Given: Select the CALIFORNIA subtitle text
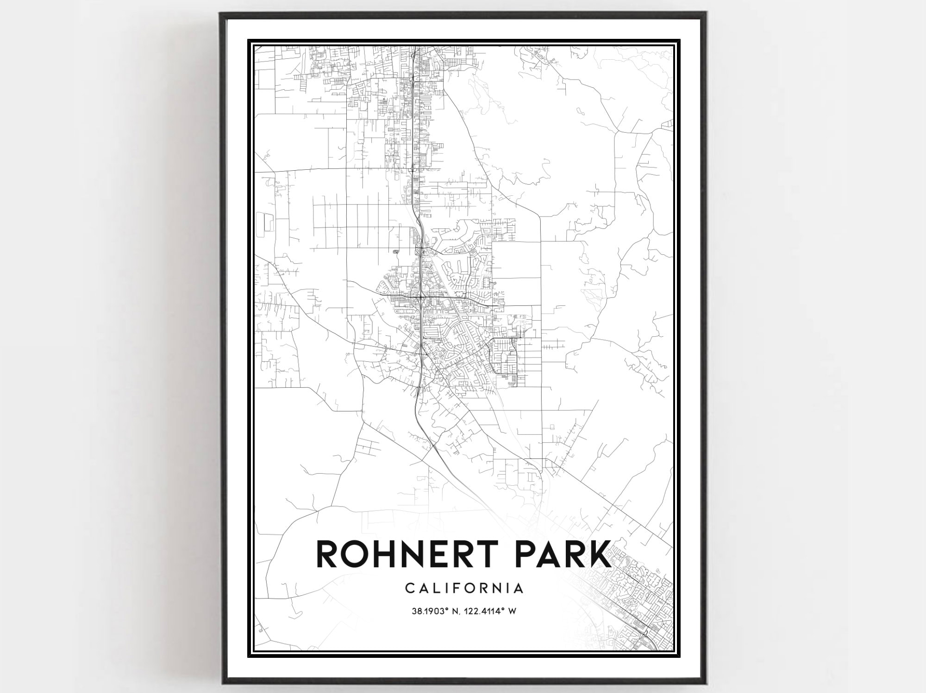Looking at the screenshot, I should click(464, 588).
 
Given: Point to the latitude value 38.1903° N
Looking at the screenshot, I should click(435, 612).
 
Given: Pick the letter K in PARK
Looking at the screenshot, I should click(597, 555).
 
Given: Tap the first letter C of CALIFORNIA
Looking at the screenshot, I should click(410, 588).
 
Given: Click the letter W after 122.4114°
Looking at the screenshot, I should click(512, 612).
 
